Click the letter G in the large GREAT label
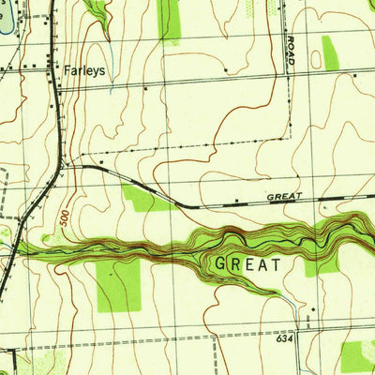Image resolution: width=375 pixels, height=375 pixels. (x=222, y=264)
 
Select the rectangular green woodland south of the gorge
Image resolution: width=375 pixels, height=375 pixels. (x=119, y=284)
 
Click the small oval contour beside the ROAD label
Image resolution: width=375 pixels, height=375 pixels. (x=316, y=58)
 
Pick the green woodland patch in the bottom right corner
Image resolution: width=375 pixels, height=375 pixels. (x=356, y=356)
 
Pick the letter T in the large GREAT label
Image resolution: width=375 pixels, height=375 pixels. (x=277, y=264)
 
